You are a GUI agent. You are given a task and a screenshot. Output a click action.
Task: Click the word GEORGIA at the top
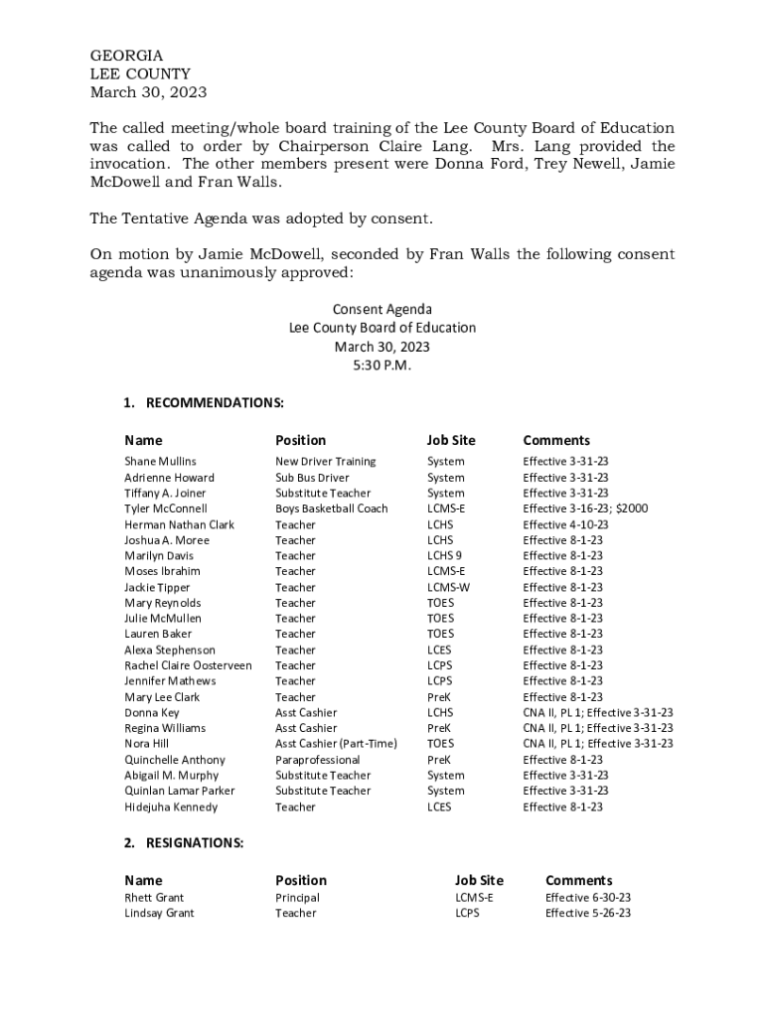pyautogui.click(x=126, y=56)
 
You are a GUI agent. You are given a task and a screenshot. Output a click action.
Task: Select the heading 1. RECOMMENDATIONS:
pyautogui.click(x=204, y=402)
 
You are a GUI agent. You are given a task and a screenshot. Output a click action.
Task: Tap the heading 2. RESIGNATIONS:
pyautogui.click(x=184, y=842)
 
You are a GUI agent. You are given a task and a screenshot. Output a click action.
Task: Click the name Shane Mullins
pyautogui.click(x=160, y=461)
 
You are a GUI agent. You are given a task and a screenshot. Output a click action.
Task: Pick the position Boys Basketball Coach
pyautogui.click(x=331, y=508)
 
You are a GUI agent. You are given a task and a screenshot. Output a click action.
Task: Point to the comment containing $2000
pyautogui.click(x=585, y=508)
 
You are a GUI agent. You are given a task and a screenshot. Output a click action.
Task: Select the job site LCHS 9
pyautogui.click(x=444, y=555)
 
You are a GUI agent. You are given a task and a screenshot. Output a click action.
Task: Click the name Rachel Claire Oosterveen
pyautogui.click(x=188, y=665)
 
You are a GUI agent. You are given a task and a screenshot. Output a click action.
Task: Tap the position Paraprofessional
pyautogui.click(x=317, y=760)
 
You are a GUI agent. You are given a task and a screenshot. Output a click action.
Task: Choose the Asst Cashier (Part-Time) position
pyautogui.click(x=336, y=744)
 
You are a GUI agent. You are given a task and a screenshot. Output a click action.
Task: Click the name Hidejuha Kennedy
pyautogui.click(x=171, y=807)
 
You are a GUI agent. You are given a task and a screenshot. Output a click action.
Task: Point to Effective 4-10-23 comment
pyautogui.click(x=565, y=524)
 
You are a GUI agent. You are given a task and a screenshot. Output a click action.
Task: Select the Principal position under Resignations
pyautogui.click(x=297, y=897)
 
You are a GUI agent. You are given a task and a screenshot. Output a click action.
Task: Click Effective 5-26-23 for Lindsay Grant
pyautogui.click(x=588, y=913)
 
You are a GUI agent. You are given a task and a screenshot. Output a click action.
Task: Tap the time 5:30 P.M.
pyautogui.click(x=382, y=365)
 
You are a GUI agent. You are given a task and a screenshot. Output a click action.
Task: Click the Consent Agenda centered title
pyautogui.click(x=382, y=309)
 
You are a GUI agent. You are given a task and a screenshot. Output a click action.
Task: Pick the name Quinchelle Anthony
pyautogui.click(x=174, y=760)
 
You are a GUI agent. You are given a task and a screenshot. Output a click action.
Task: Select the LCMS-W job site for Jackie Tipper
pyautogui.click(x=448, y=587)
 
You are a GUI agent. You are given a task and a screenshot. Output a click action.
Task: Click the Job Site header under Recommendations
pyautogui.click(x=451, y=440)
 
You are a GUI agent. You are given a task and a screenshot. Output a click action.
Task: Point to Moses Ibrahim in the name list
pyautogui.click(x=162, y=571)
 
